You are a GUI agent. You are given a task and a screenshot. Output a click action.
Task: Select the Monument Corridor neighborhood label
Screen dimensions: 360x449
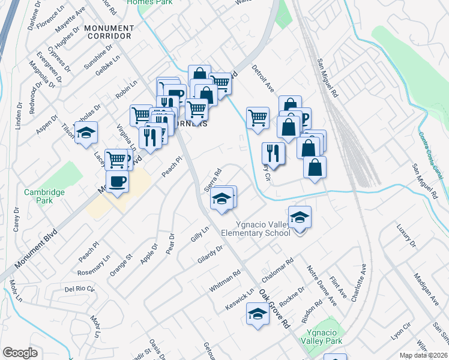pyautogui.click(x=109, y=32)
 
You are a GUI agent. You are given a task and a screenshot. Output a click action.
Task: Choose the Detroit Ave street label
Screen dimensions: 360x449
pyautogui.click(x=263, y=79)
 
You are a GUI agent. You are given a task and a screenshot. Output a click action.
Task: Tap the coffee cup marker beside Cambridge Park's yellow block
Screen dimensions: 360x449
pyautogui.click(x=117, y=181)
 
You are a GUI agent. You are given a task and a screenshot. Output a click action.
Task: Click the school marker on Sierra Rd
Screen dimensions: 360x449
pyautogui.click(x=221, y=198)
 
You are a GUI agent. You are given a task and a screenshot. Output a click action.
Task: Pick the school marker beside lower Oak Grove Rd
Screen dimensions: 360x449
pyautogui.click(x=258, y=314)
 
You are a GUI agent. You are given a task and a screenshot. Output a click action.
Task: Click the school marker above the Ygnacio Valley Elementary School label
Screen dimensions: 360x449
pyautogui.click(x=300, y=217)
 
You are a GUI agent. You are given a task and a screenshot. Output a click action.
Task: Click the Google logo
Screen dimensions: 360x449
pyautogui.click(x=20, y=353)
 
